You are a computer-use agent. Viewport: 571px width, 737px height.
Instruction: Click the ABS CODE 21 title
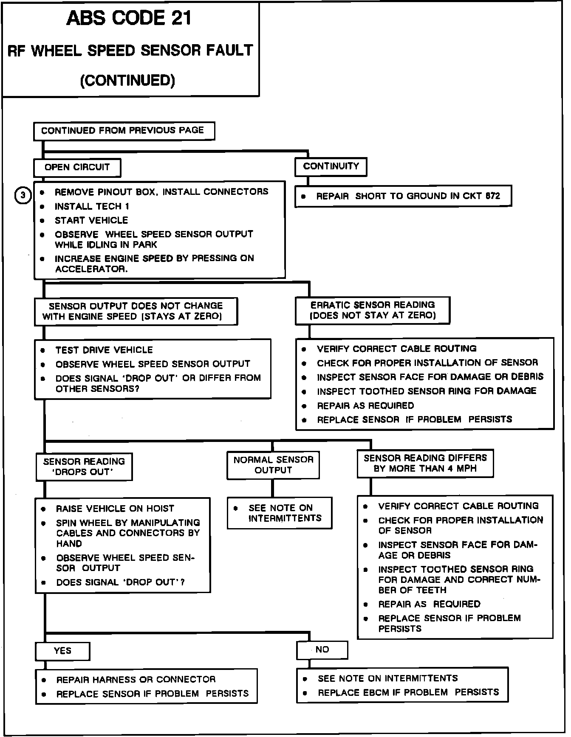point(129,19)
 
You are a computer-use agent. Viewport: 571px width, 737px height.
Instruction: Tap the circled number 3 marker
point(23,195)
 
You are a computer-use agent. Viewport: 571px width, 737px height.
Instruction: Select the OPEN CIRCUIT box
point(77,168)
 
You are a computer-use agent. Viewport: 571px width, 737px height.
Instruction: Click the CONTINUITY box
point(331,167)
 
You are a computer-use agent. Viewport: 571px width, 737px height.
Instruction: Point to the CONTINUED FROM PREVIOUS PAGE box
point(124,131)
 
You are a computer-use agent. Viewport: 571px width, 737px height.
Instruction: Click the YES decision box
point(62,651)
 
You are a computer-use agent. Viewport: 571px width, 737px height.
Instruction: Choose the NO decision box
point(322,650)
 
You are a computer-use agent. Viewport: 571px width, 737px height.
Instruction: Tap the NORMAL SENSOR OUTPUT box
point(273,465)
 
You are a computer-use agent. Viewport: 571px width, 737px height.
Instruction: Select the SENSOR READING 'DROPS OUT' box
point(84,467)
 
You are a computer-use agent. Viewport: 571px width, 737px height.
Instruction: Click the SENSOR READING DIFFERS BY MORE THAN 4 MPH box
point(425,463)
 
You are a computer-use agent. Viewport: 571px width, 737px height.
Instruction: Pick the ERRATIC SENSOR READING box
point(373,310)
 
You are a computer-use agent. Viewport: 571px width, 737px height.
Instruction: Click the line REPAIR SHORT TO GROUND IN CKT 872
point(408,196)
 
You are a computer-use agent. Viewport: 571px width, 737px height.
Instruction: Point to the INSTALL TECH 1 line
point(92,207)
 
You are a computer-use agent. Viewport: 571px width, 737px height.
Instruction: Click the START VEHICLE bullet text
point(91,220)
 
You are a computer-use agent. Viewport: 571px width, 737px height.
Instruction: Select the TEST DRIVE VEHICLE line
point(104,350)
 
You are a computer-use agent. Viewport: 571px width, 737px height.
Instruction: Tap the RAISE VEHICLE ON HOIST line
point(115,509)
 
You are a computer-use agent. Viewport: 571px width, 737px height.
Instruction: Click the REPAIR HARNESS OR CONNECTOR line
point(136,680)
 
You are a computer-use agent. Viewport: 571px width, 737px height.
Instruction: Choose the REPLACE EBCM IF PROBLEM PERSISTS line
point(408,692)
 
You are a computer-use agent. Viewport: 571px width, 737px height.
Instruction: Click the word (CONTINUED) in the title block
point(127,81)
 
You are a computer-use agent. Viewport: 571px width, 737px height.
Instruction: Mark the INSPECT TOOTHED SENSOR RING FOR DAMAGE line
point(427,391)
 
